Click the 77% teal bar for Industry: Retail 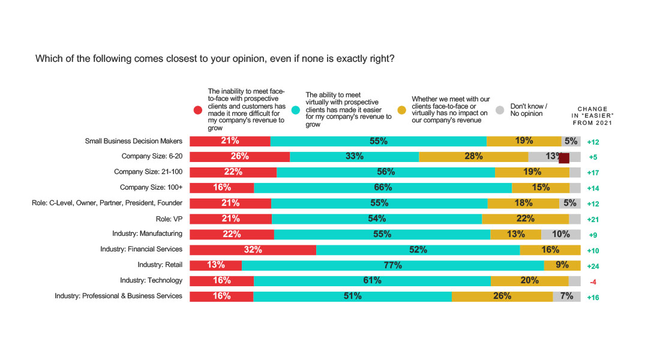pyautogui.click(x=393, y=265)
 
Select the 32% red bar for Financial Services pyautogui.click(x=253, y=250)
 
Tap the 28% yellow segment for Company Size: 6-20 pyautogui.click(x=473, y=157)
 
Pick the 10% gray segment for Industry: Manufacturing pyautogui.click(x=560, y=234)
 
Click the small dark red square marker pyautogui.click(x=563, y=158)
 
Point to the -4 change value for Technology pyautogui.click(x=593, y=282)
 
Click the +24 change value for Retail pyautogui.click(x=593, y=266)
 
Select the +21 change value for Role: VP pyautogui.click(x=593, y=220)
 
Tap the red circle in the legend pyautogui.click(x=198, y=110)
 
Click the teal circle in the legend pyautogui.click(x=296, y=110)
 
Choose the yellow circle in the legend pyautogui.click(x=402, y=110)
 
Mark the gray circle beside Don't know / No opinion pyautogui.click(x=500, y=110)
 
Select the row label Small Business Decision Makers pyautogui.click(x=133, y=142)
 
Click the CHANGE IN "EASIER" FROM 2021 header pyautogui.click(x=593, y=116)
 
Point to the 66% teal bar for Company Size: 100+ pyautogui.click(x=382, y=188)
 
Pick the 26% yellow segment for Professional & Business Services pyautogui.click(x=502, y=296)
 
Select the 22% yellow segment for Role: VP pyautogui.click(x=525, y=219)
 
